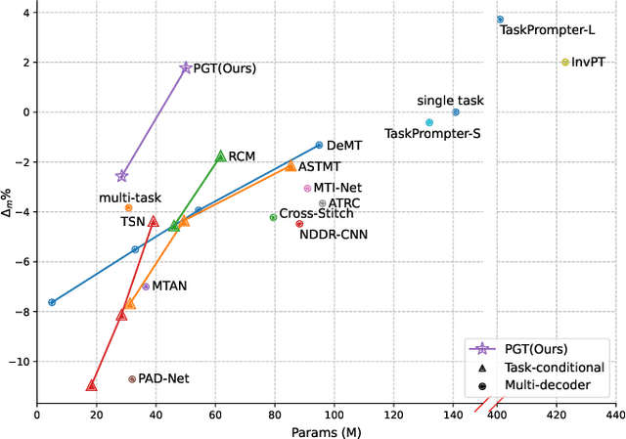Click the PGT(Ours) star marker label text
click(x=225, y=69)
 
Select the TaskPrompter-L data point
click(x=500, y=20)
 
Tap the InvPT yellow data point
click(x=565, y=62)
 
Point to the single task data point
click(x=456, y=112)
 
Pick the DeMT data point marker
click(x=319, y=145)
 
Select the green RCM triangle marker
click(x=221, y=156)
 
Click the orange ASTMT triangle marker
click(x=291, y=166)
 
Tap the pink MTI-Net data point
click(x=307, y=188)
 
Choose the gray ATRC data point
click(x=322, y=203)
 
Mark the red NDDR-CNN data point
click(x=299, y=224)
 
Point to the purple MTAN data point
click(x=146, y=286)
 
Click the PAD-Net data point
click(x=132, y=378)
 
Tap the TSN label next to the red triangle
click(x=132, y=222)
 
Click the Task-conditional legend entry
click(x=554, y=368)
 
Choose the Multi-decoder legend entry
click(x=548, y=385)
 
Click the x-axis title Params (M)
click(x=326, y=430)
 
